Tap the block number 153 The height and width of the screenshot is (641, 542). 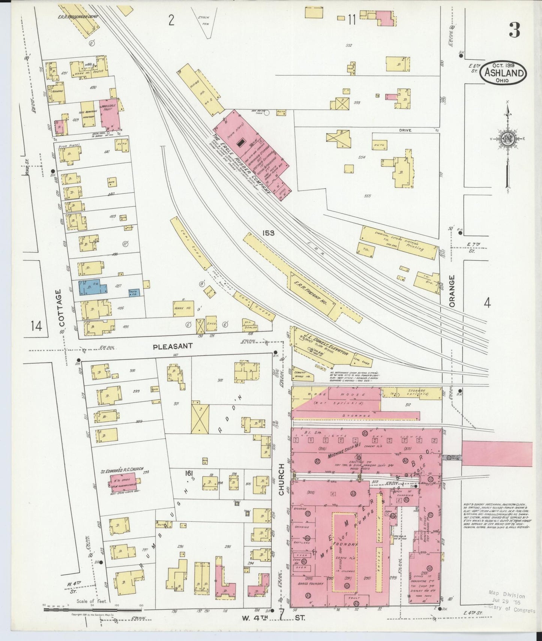click(x=269, y=233)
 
